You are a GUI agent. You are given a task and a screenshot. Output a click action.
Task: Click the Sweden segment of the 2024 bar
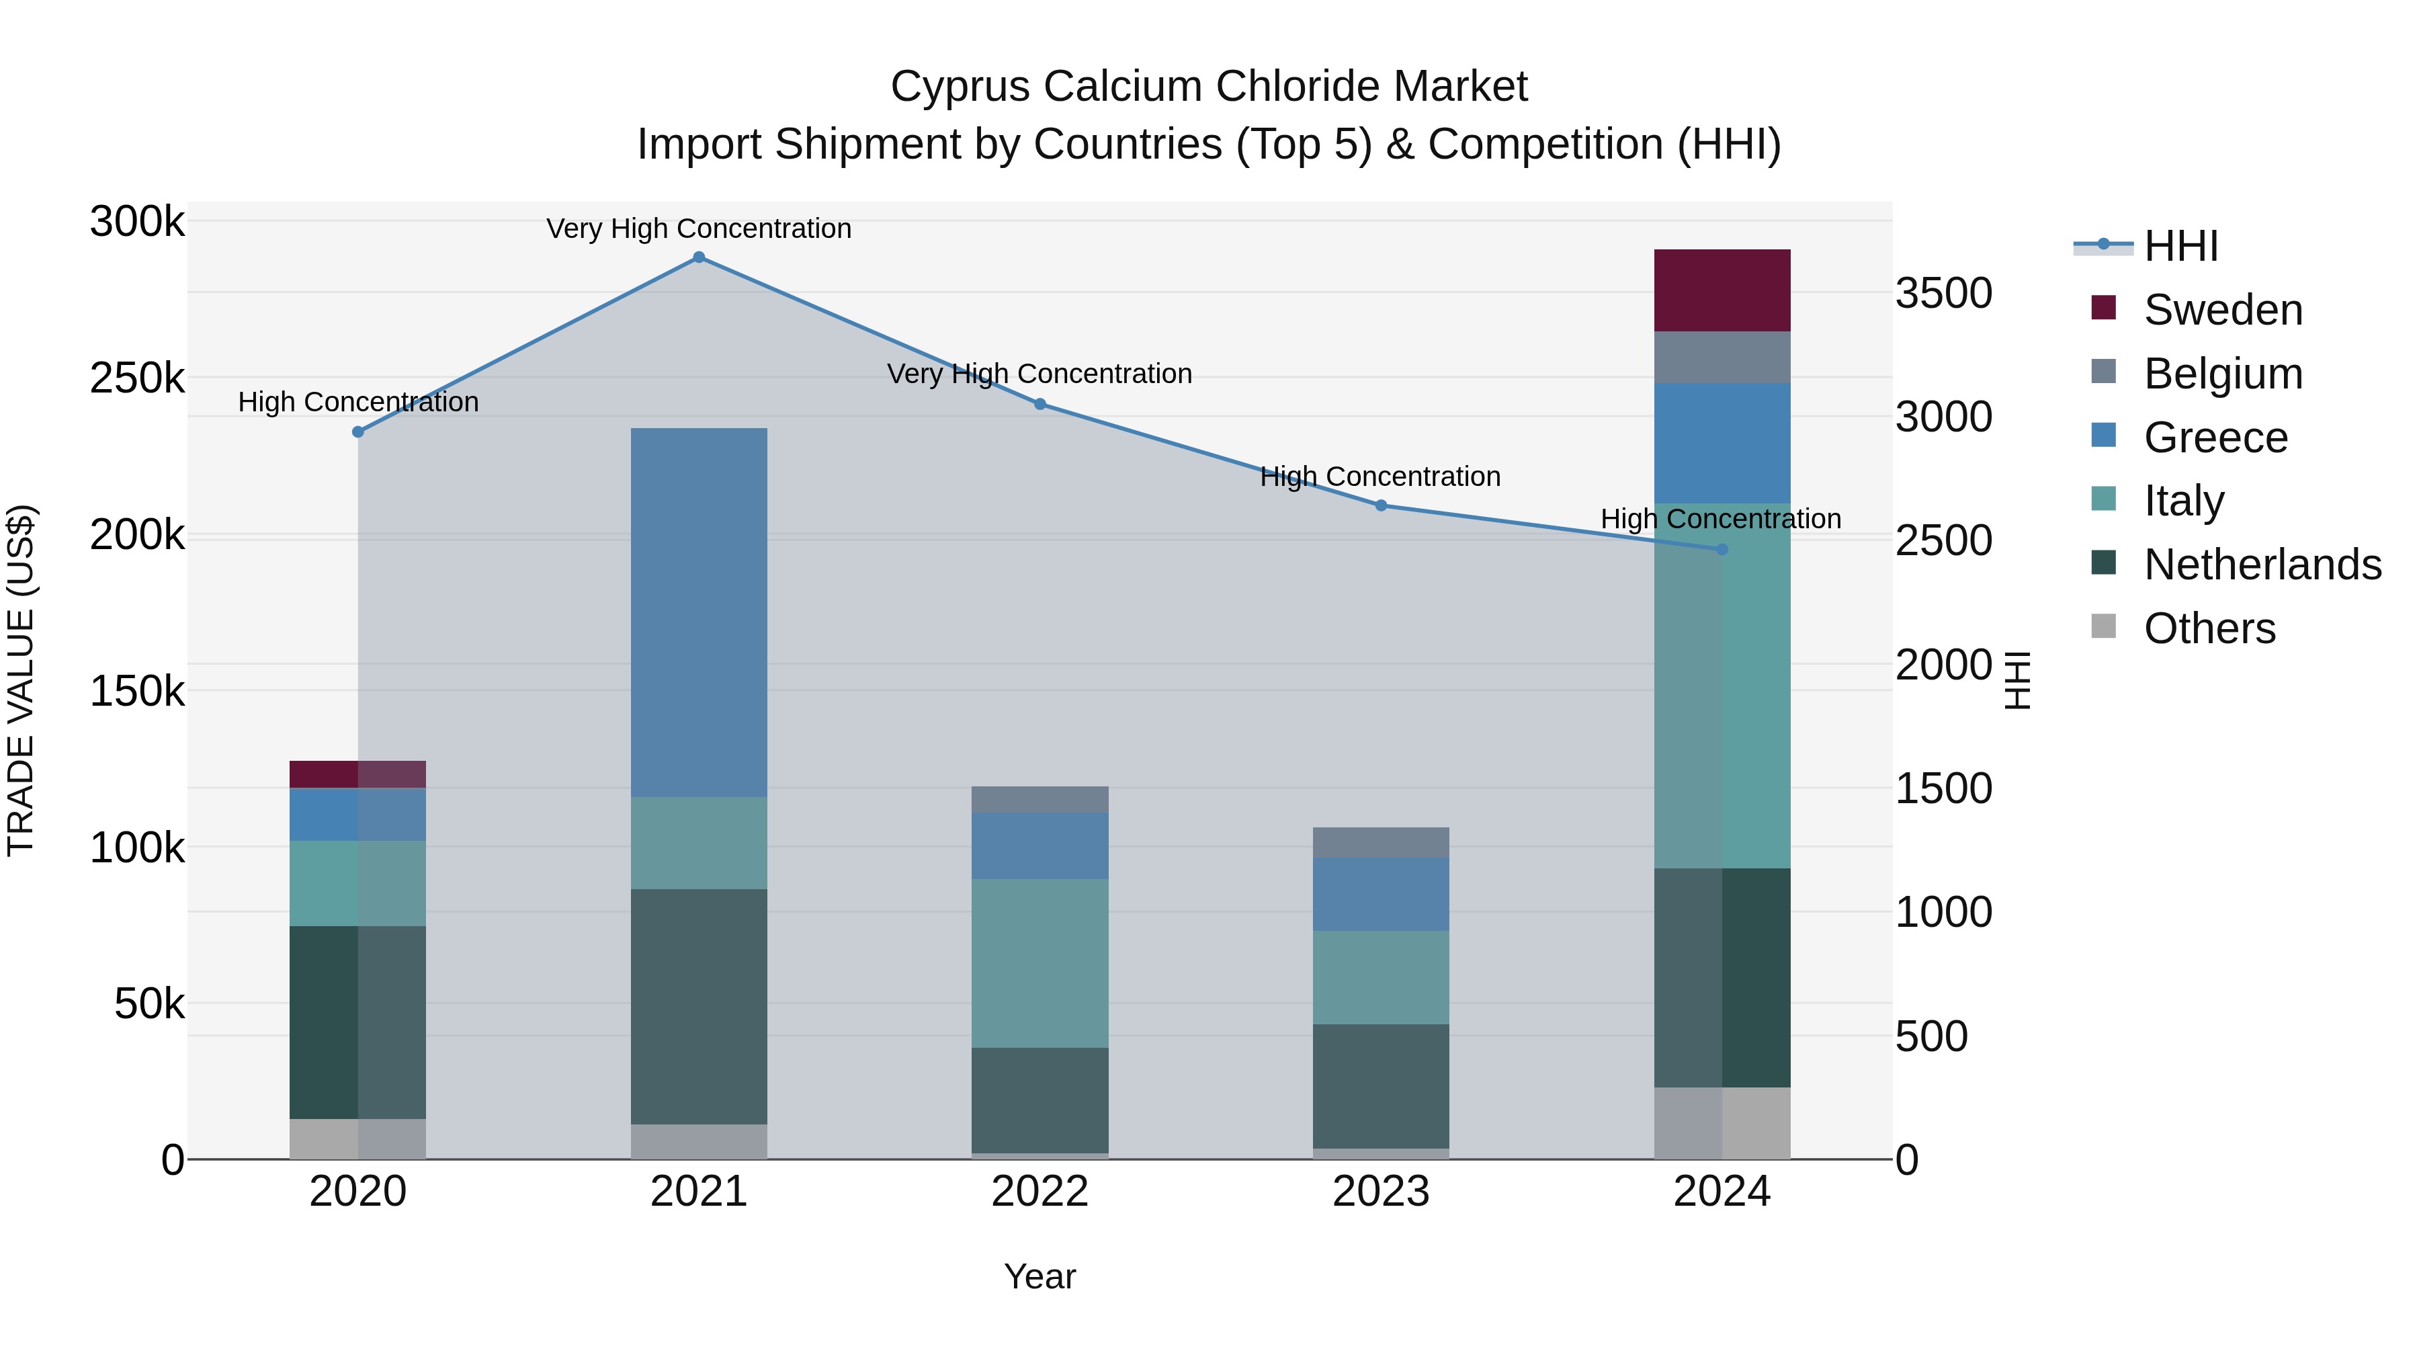click(x=1722, y=290)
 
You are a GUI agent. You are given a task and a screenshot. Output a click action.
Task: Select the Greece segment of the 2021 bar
click(x=699, y=612)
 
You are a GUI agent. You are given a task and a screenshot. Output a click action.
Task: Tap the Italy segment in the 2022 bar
click(x=1039, y=962)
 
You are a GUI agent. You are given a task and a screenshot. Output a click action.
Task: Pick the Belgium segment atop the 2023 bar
click(x=1380, y=843)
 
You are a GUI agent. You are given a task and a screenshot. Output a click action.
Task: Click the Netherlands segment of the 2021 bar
click(x=699, y=1006)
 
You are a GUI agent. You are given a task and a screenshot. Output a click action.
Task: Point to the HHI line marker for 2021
click(x=699, y=257)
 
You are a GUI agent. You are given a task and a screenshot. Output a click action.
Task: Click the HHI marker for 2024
click(x=1722, y=550)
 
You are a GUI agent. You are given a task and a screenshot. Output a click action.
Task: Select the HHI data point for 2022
click(x=1039, y=405)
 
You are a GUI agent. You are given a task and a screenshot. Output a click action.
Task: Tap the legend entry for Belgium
click(x=2222, y=374)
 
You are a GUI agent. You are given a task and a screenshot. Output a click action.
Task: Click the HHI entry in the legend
click(x=2180, y=246)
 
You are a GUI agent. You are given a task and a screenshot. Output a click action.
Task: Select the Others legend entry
click(x=2209, y=628)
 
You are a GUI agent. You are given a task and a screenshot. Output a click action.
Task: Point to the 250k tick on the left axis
click(x=137, y=378)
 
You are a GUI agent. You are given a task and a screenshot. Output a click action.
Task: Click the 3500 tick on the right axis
click(x=1943, y=293)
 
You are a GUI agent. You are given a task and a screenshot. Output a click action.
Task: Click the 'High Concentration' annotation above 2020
click(x=357, y=402)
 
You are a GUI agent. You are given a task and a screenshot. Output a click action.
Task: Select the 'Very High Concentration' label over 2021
click(x=699, y=229)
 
